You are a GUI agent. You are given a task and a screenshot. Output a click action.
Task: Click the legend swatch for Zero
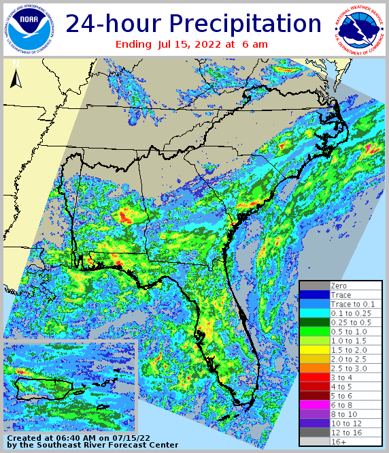[314, 285]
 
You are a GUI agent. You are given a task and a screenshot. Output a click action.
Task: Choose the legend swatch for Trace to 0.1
[314, 304]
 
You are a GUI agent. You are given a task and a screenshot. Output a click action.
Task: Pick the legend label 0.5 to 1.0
[348, 332]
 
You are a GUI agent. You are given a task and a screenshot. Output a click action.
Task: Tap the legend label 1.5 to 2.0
[348, 350]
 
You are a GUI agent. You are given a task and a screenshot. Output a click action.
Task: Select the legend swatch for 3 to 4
[314, 377]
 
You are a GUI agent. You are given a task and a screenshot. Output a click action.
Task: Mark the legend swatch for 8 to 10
[314, 414]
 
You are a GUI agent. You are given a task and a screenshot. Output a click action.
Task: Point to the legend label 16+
[338, 442]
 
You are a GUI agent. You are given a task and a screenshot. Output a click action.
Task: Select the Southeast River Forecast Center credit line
[92, 445]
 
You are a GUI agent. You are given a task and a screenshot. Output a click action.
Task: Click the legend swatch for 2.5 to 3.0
[314, 369]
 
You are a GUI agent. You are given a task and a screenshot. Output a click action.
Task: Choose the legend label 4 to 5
[342, 387]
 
